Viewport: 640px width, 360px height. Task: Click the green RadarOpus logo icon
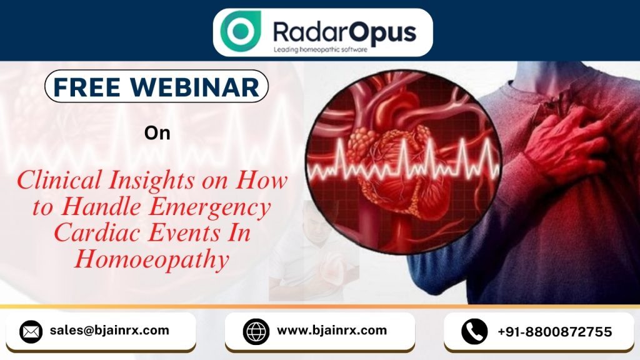coord(241,31)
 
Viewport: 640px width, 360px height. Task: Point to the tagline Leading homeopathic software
coord(321,50)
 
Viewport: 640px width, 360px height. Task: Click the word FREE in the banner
coord(86,87)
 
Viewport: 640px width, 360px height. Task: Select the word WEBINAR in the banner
coord(195,87)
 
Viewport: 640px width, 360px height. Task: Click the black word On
coord(157,133)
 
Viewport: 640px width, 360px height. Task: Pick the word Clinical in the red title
coord(59,180)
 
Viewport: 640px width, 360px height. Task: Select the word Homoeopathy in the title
coord(152,259)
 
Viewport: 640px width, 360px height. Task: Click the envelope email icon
coord(31,331)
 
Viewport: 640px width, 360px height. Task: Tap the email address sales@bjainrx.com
coord(109,330)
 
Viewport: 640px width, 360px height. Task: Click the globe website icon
coord(256,331)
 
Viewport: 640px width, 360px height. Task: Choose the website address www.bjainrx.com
coord(332,330)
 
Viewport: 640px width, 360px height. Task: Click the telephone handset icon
coord(474,331)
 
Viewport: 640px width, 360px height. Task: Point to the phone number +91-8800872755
coord(555,331)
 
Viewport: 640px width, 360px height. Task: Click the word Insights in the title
coord(151,181)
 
